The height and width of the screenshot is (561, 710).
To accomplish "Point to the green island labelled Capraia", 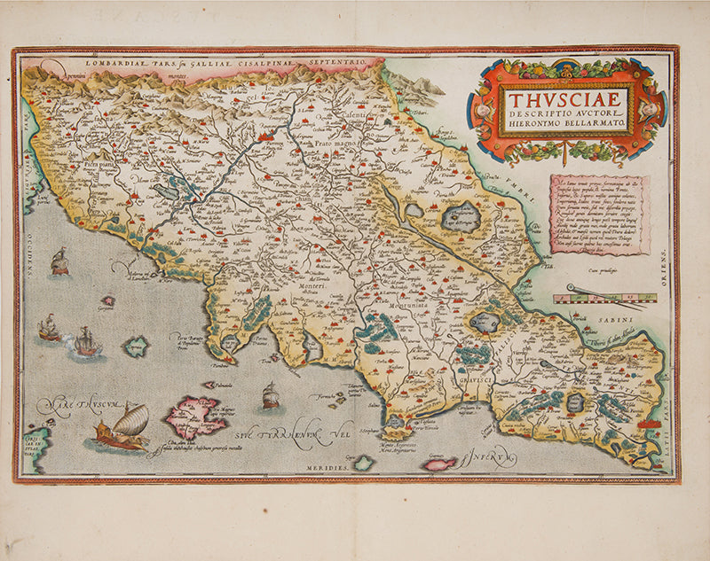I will tap(136, 346).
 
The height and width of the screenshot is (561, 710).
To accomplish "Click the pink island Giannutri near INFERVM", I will tap(439, 464).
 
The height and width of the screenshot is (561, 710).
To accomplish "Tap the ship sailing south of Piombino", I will tap(271, 395).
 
